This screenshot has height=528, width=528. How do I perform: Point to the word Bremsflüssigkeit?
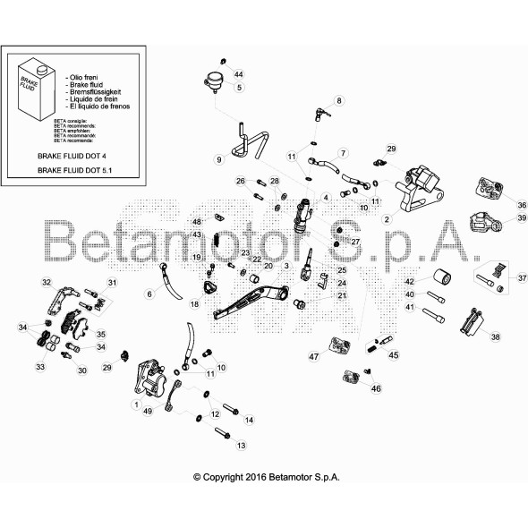[98, 91]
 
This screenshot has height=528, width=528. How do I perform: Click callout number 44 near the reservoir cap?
[238, 73]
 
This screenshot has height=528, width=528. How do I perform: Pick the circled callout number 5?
[239, 88]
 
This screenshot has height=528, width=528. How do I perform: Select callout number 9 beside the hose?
[217, 159]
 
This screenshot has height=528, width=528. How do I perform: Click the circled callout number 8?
[339, 101]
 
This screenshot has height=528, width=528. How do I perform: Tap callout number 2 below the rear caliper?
[386, 219]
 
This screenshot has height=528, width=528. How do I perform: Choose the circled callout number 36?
[522, 205]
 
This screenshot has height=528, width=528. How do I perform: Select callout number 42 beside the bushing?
[409, 280]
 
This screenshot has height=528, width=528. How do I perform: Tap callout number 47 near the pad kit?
[314, 357]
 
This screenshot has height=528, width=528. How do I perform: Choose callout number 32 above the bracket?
[46, 283]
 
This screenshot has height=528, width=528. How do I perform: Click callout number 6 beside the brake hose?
[149, 294]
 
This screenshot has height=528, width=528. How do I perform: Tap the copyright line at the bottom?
[266, 479]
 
